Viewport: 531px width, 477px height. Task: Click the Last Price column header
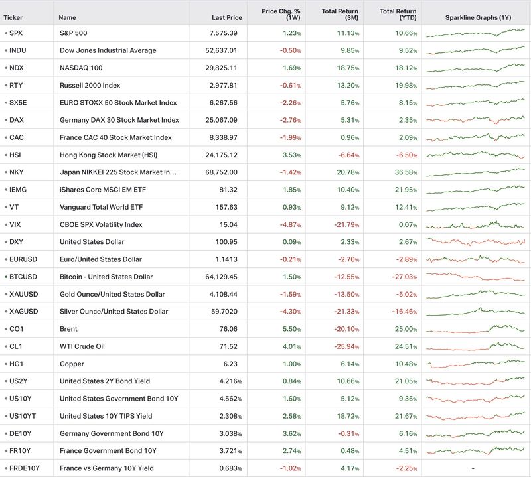tap(227, 18)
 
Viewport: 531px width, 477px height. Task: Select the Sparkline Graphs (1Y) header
tap(478, 18)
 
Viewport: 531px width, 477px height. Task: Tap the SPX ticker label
tap(16, 33)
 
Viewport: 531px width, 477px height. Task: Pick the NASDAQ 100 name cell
tap(81, 68)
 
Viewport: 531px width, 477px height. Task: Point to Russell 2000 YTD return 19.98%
tap(406, 86)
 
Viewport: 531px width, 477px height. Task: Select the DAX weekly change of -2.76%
tap(290, 120)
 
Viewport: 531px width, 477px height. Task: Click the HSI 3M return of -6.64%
tap(348, 155)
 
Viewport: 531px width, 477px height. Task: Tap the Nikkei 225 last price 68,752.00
tap(222, 172)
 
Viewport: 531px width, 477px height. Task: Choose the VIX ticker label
tap(15, 224)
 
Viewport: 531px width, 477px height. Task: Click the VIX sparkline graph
tap(475, 225)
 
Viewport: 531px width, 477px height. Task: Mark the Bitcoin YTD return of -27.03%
tap(405, 277)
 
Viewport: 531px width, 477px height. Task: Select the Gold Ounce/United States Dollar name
tap(112, 294)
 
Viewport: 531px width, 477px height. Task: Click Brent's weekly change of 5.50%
tap(292, 329)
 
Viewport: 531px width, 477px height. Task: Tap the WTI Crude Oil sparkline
tap(475, 346)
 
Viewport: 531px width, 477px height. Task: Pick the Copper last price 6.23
tap(230, 364)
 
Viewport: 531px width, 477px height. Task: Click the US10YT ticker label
tap(23, 416)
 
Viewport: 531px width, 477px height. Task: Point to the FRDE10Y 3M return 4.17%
tap(350, 468)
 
